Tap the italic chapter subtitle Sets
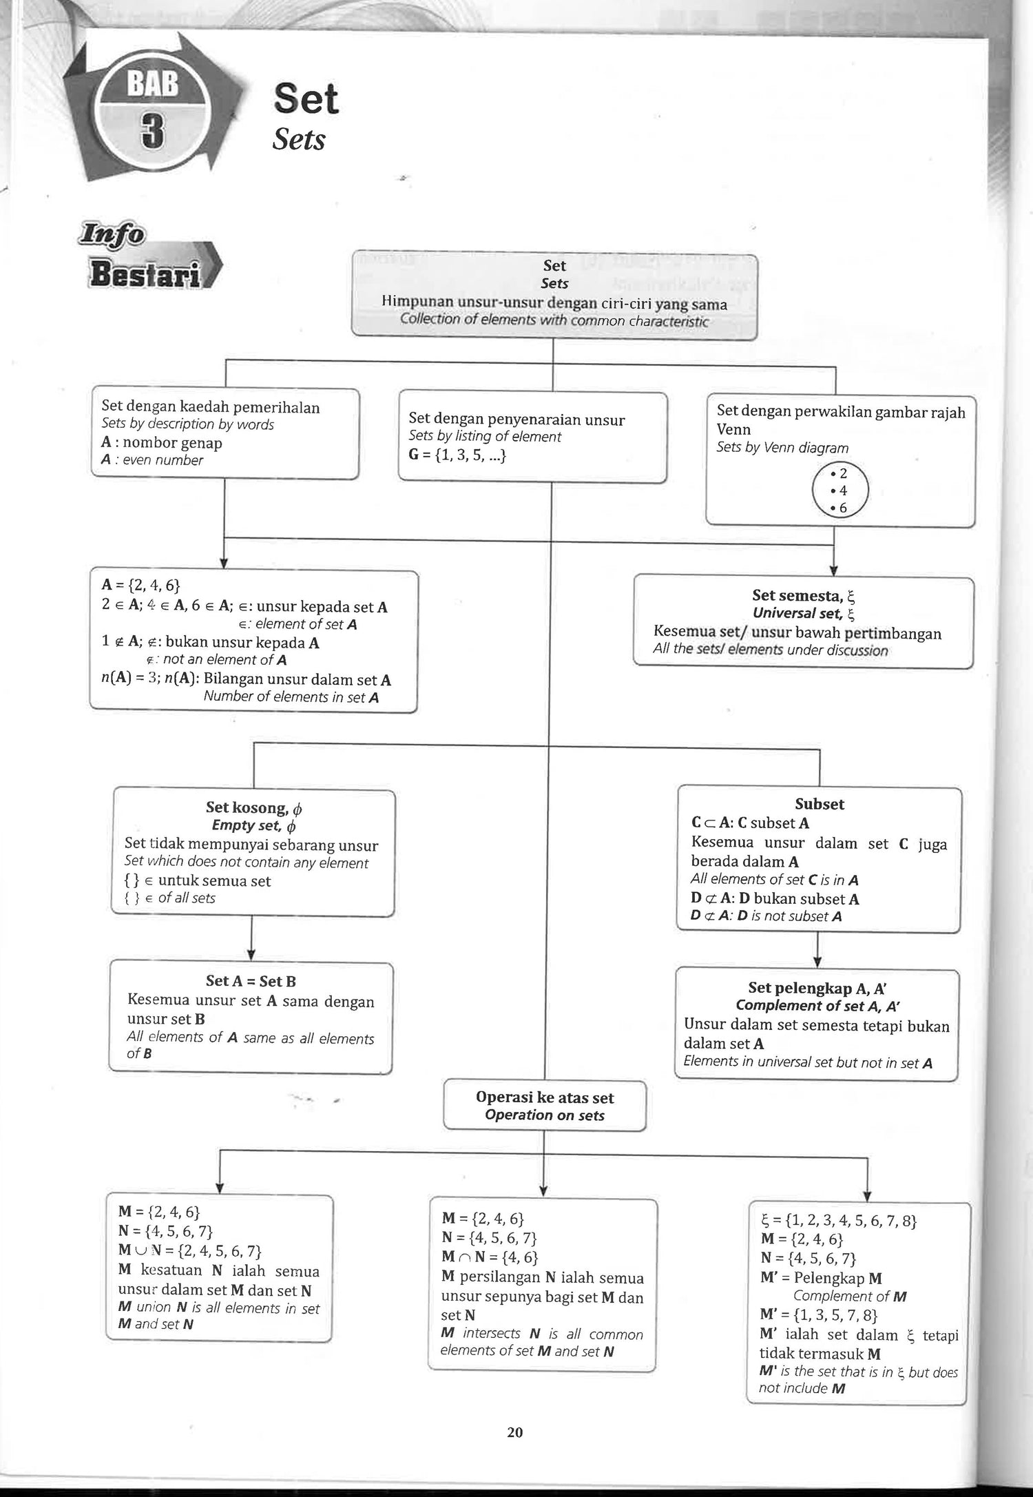(298, 140)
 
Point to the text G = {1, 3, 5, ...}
(457, 455)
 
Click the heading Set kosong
(253, 807)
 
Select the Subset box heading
(819, 804)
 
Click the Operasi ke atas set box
(544, 1106)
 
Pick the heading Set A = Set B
(251, 980)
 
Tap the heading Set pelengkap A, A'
(817, 989)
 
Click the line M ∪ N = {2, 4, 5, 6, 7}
(189, 1250)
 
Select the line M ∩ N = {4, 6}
(490, 1257)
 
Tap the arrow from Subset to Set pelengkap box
(817, 950)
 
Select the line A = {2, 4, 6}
(140, 585)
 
